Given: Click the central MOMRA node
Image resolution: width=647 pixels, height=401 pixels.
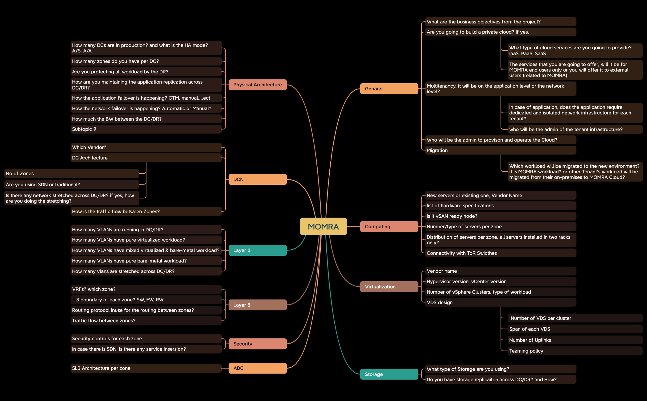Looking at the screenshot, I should (x=323, y=226).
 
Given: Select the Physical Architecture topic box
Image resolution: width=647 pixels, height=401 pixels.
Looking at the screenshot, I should (x=258, y=85).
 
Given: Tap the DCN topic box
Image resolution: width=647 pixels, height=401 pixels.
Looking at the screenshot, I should (x=258, y=179).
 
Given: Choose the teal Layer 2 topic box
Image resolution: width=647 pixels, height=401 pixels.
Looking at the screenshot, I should (x=258, y=250).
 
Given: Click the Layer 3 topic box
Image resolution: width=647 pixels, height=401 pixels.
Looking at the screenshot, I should (x=258, y=305).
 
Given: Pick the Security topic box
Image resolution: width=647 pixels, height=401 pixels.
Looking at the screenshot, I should (x=258, y=344).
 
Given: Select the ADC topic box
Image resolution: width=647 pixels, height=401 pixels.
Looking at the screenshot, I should (x=258, y=368).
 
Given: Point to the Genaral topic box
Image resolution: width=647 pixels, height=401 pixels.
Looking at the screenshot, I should (x=389, y=89).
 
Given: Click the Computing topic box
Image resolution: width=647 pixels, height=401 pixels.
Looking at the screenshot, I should (x=389, y=226).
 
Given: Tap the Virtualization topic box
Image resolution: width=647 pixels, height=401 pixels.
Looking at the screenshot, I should (x=389, y=287).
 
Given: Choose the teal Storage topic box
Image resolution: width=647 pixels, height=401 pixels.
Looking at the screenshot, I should (x=389, y=374).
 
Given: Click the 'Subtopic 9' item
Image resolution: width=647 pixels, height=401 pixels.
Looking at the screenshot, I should (x=146, y=129).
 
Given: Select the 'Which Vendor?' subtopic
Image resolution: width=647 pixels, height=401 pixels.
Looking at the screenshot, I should (x=146, y=147).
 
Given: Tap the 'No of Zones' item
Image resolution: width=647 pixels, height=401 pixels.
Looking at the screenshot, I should (x=72, y=173).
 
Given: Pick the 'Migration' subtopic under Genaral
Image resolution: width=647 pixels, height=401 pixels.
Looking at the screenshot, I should (x=500, y=150).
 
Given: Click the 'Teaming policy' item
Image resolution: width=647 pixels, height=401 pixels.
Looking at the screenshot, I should (x=575, y=351).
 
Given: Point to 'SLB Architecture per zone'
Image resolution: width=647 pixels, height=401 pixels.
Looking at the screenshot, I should (x=146, y=368).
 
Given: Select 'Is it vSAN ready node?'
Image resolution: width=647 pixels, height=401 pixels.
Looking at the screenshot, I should (x=500, y=216).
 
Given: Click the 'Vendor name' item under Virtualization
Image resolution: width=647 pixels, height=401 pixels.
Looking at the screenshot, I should (x=500, y=271).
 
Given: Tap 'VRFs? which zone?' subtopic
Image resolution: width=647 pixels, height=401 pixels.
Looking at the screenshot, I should (x=146, y=289).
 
